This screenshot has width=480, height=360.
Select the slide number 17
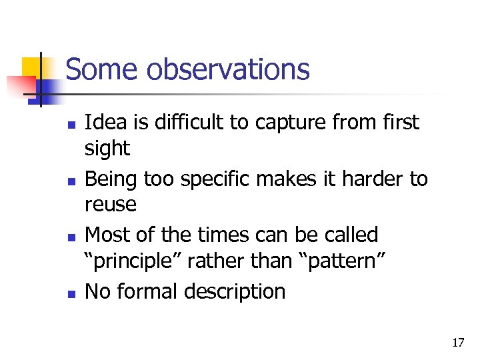pyautogui.click(x=458, y=343)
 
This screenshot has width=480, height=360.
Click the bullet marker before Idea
pyautogui.click(x=72, y=125)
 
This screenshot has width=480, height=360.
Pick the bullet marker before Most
pyautogui.click(x=72, y=237)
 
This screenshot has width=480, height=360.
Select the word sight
pyautogui.click(x=107, y=149)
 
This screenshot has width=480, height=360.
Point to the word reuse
pyautogui.click(x=110, y=205)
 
